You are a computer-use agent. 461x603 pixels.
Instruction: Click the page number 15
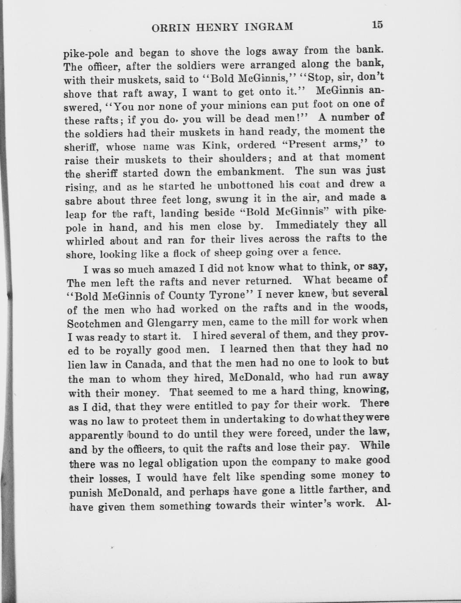[x=377, y=24]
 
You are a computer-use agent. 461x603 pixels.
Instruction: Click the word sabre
[x=79, y=202]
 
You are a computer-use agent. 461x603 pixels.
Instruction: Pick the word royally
[x=133, y=350]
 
